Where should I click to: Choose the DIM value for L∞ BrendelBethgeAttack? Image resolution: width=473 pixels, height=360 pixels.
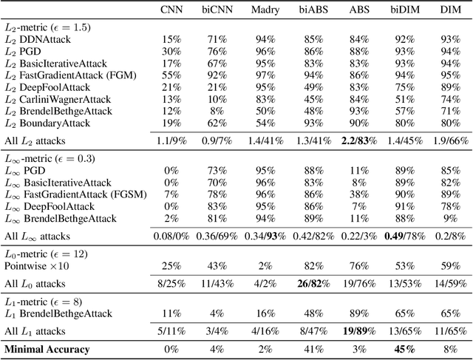point(449,218)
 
